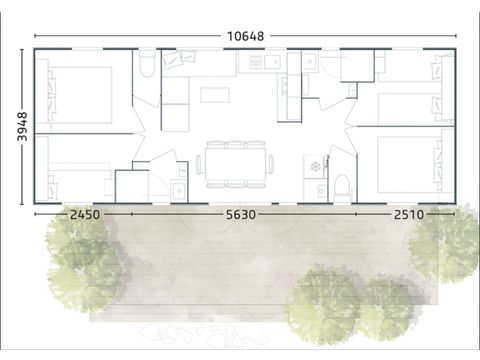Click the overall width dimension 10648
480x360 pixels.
tap(244, 36)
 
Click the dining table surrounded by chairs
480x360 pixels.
tap(236, 163)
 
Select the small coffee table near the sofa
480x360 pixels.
tap(214, 95)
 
